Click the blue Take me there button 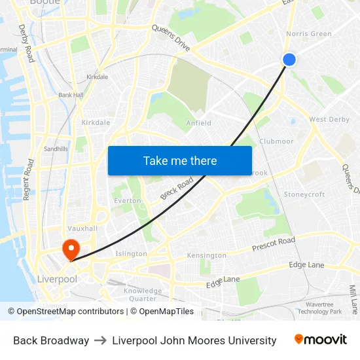179,160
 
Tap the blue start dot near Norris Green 289,60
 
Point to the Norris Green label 308,34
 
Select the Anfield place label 198,122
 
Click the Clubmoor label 276,141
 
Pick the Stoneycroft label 304,194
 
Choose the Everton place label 128,201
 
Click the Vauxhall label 82,228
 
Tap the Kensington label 206,255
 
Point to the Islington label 131,253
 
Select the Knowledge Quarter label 143,295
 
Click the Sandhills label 56,149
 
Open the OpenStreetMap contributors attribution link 70,312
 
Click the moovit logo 321,340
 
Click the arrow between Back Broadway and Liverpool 101,340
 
